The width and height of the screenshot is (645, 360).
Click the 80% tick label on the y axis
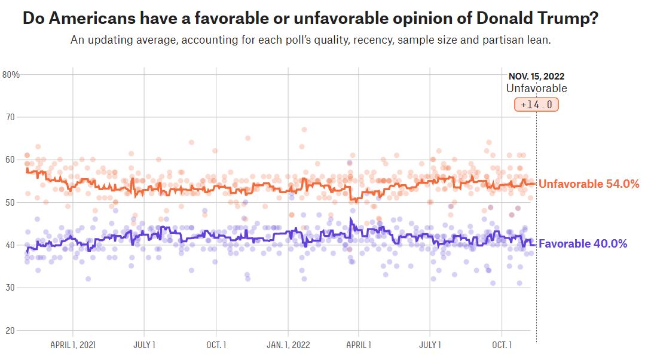pyautogui.click(x=11, y=75)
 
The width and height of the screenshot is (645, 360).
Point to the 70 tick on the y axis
pyautogui.click(x=9, y=117)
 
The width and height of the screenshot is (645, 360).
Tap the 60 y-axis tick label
pyautogui.click(x=9, y=160)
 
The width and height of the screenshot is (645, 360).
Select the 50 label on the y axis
pyautogui.click(x=9, y=203)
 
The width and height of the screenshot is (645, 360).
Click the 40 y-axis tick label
pyautogui.click(x=9, y=245)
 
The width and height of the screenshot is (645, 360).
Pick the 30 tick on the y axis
pyautogui.click(x=9, y=288)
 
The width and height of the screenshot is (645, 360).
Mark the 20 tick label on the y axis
pyautogui.click(x=9, y=331)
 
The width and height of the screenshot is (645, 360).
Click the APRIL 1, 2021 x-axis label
pyautogui.click(x=73, y=345)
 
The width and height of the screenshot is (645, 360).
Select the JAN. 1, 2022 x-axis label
pyautogui.click(x=288, y=345)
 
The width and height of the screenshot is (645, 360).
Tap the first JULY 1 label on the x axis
pyautogui.click(x=144, y=345)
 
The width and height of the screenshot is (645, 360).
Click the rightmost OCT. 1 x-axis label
pyautogui.click(x=502, y=345)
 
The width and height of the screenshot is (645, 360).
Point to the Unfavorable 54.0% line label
pyautogui.click(x=589, y=184)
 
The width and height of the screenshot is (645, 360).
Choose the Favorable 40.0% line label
pyautogui.click(x=583, y=244)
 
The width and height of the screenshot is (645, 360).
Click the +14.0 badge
pyautogui.click(x=536, y=105)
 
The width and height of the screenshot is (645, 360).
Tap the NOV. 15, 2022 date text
pyautogui.click(x=536, y=77)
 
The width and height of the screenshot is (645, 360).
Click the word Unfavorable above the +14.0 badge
pyautogui.click(x=536, y=89)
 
